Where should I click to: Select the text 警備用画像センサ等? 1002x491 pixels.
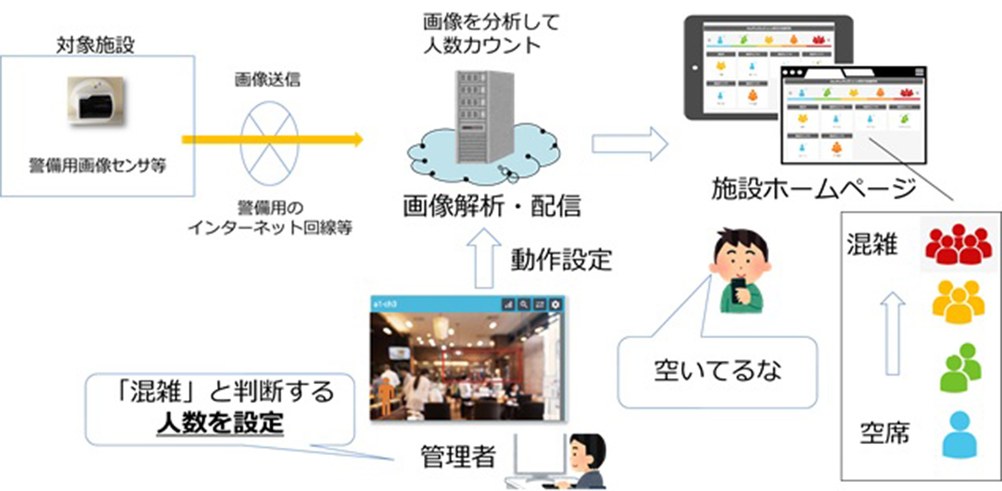(x=97, y=166)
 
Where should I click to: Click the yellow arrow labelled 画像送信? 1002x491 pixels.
(x=272, y=140)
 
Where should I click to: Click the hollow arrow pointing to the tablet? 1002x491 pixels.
(x=630, y=145)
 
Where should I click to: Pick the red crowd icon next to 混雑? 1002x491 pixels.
(x=958, y=247)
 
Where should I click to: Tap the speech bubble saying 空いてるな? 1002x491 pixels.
(x=718, y=370)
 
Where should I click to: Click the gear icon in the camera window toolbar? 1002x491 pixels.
(x=555, y=304)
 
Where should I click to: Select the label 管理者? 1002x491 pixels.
(x=458, y=455)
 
